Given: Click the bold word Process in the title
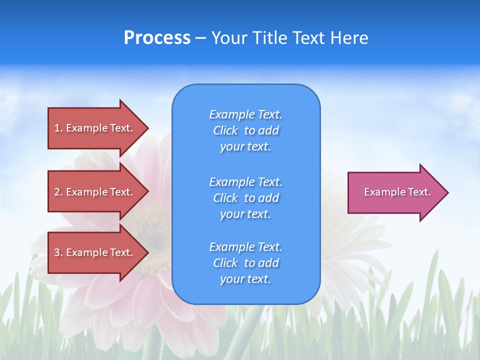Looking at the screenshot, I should (x=157, y=38).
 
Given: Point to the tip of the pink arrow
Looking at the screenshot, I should (x=447, y=192).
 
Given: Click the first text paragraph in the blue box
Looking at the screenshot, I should (x=245, y=130).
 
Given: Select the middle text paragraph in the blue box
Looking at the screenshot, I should (x=245, y=198).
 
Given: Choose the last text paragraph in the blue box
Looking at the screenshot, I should (x=245, y=263).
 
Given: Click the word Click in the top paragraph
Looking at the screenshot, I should (x=225, y=130).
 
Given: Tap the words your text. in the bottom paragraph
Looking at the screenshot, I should (x=245, y=279).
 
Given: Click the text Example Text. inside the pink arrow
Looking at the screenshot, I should (x=397, y=192).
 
